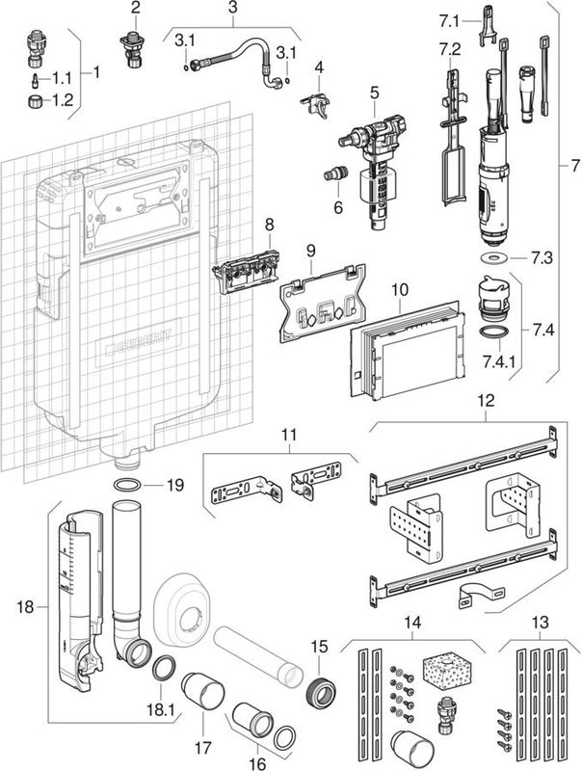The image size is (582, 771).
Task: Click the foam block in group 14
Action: click(444, 668)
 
